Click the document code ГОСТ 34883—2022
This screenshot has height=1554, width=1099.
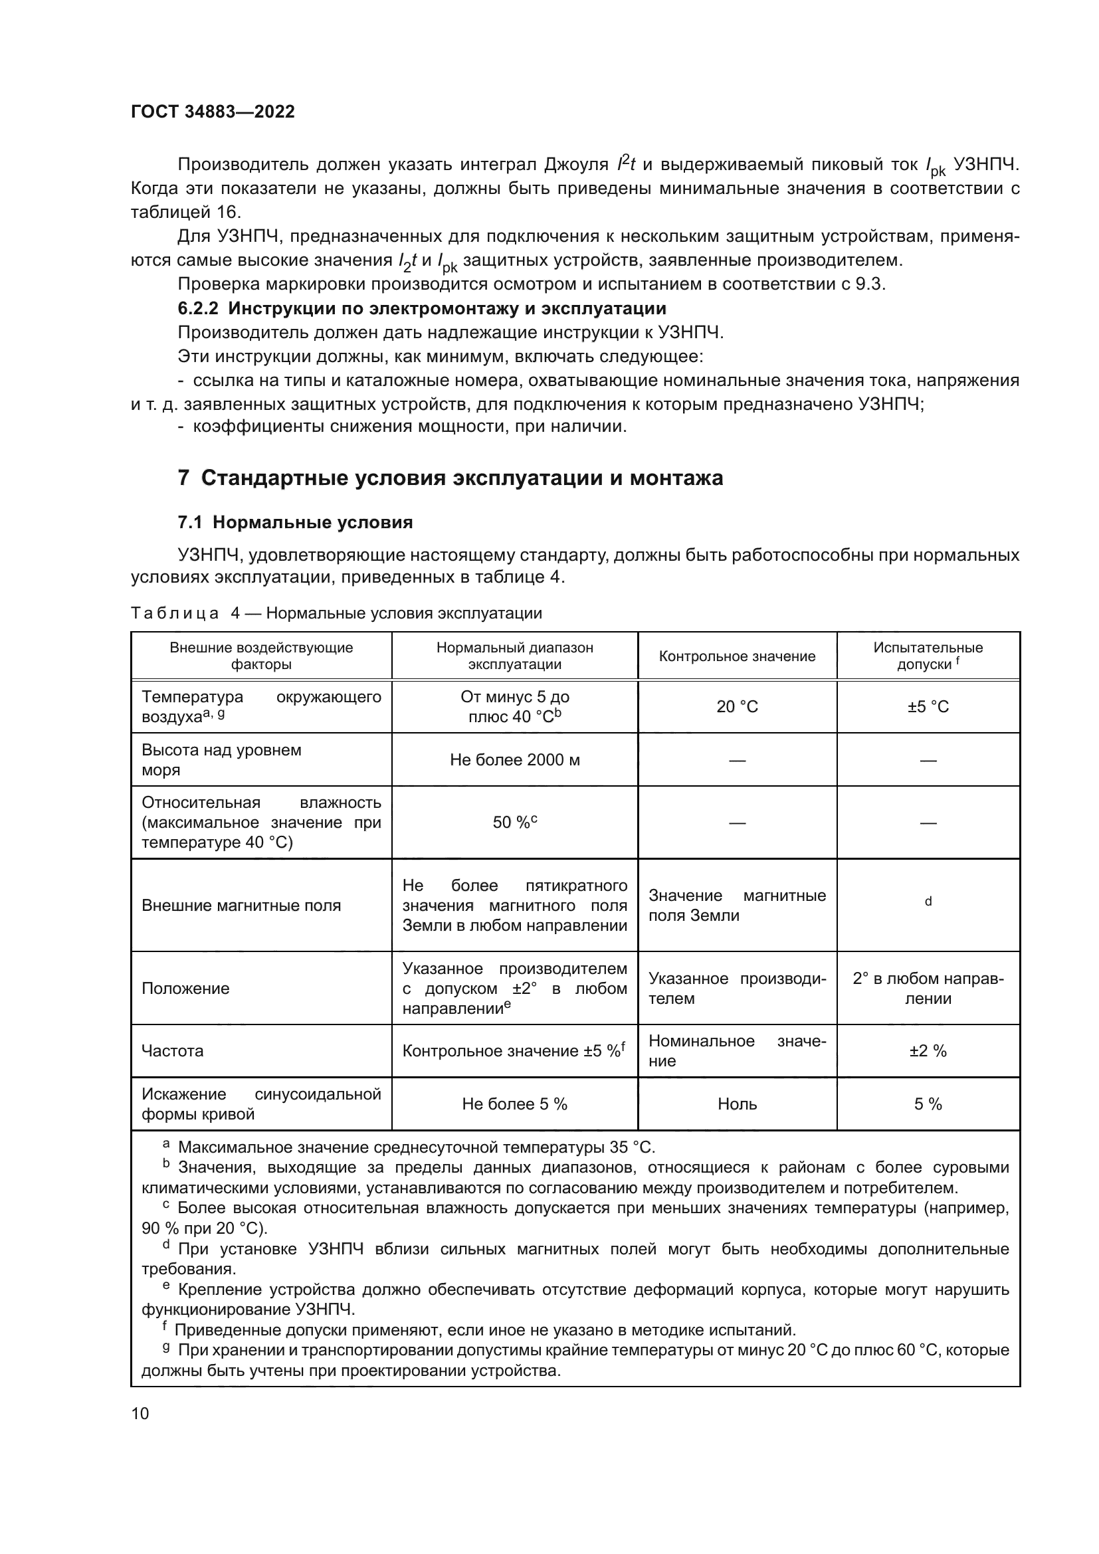(x=213, y=112)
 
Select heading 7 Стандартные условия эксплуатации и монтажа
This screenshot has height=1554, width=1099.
(x=450, y=478)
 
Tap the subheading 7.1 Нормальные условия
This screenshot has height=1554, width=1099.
(x=295, y=522)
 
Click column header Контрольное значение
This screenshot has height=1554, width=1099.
(x=737, y=656)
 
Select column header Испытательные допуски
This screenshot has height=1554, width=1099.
(x=928, y=655)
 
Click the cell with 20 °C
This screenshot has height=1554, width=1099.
(x=737, y=707)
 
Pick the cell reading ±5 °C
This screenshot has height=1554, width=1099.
(x=928, y=707)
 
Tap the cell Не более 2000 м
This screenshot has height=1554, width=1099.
(x=514, y=759)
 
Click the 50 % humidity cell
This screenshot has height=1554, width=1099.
(x=514, y=823)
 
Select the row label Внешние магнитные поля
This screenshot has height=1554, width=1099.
(x=241, y=906)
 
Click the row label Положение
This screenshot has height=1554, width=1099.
(x=185, y=988)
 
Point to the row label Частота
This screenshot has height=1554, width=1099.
(x=172, y=1050)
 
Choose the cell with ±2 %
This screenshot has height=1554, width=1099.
(x=928, y=1050)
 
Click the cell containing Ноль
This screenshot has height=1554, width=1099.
(x=737, y=1104)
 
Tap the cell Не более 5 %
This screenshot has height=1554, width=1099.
(x=514, y=1104)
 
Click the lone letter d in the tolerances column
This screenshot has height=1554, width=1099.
(x=928, y=901)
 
